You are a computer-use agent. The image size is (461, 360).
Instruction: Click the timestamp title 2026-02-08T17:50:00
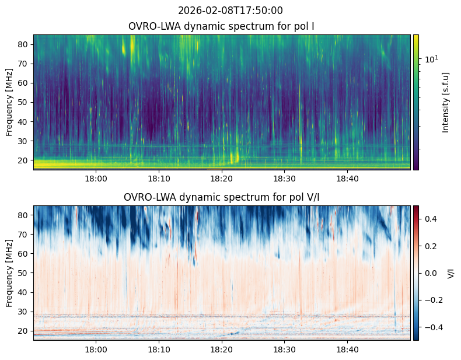(230, 11)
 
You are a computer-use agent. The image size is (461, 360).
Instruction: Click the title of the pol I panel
(222, 26)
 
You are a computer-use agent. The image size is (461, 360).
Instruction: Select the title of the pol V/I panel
(222, 197)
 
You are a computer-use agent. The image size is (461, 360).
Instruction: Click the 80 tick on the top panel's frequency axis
(25, 44)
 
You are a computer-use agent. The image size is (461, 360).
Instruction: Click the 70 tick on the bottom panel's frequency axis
(25, 235)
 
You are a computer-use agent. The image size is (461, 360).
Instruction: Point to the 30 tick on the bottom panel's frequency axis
(25, 312)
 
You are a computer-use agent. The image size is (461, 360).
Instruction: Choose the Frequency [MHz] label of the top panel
(10, 102)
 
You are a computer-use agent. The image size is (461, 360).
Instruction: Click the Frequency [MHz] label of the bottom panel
(10, 273)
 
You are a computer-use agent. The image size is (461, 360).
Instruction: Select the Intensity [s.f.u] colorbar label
(446, 102)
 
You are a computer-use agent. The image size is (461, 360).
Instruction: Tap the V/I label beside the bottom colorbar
(450, 273)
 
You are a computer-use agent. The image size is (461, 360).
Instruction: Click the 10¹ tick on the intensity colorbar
(431, 59)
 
